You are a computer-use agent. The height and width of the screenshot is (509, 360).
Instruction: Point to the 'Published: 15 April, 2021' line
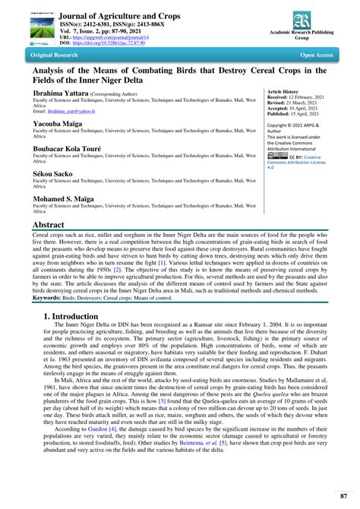[293, 112]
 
